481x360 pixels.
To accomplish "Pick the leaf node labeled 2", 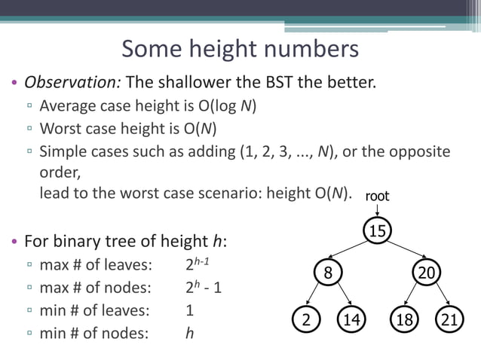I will tap(305, 319).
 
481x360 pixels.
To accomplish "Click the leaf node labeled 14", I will tap(351, 319).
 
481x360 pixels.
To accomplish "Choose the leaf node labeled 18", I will tap(404, 319).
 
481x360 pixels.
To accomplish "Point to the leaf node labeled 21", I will tap(449, 319).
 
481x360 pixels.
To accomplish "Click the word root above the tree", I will tap(377, 196).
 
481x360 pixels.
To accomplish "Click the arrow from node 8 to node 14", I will tap(341, 296).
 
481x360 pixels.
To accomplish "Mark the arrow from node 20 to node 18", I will tap(415, 296).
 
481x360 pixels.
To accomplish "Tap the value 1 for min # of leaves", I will tap(189, 310).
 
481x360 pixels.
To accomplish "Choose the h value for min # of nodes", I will tap(189, 332).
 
